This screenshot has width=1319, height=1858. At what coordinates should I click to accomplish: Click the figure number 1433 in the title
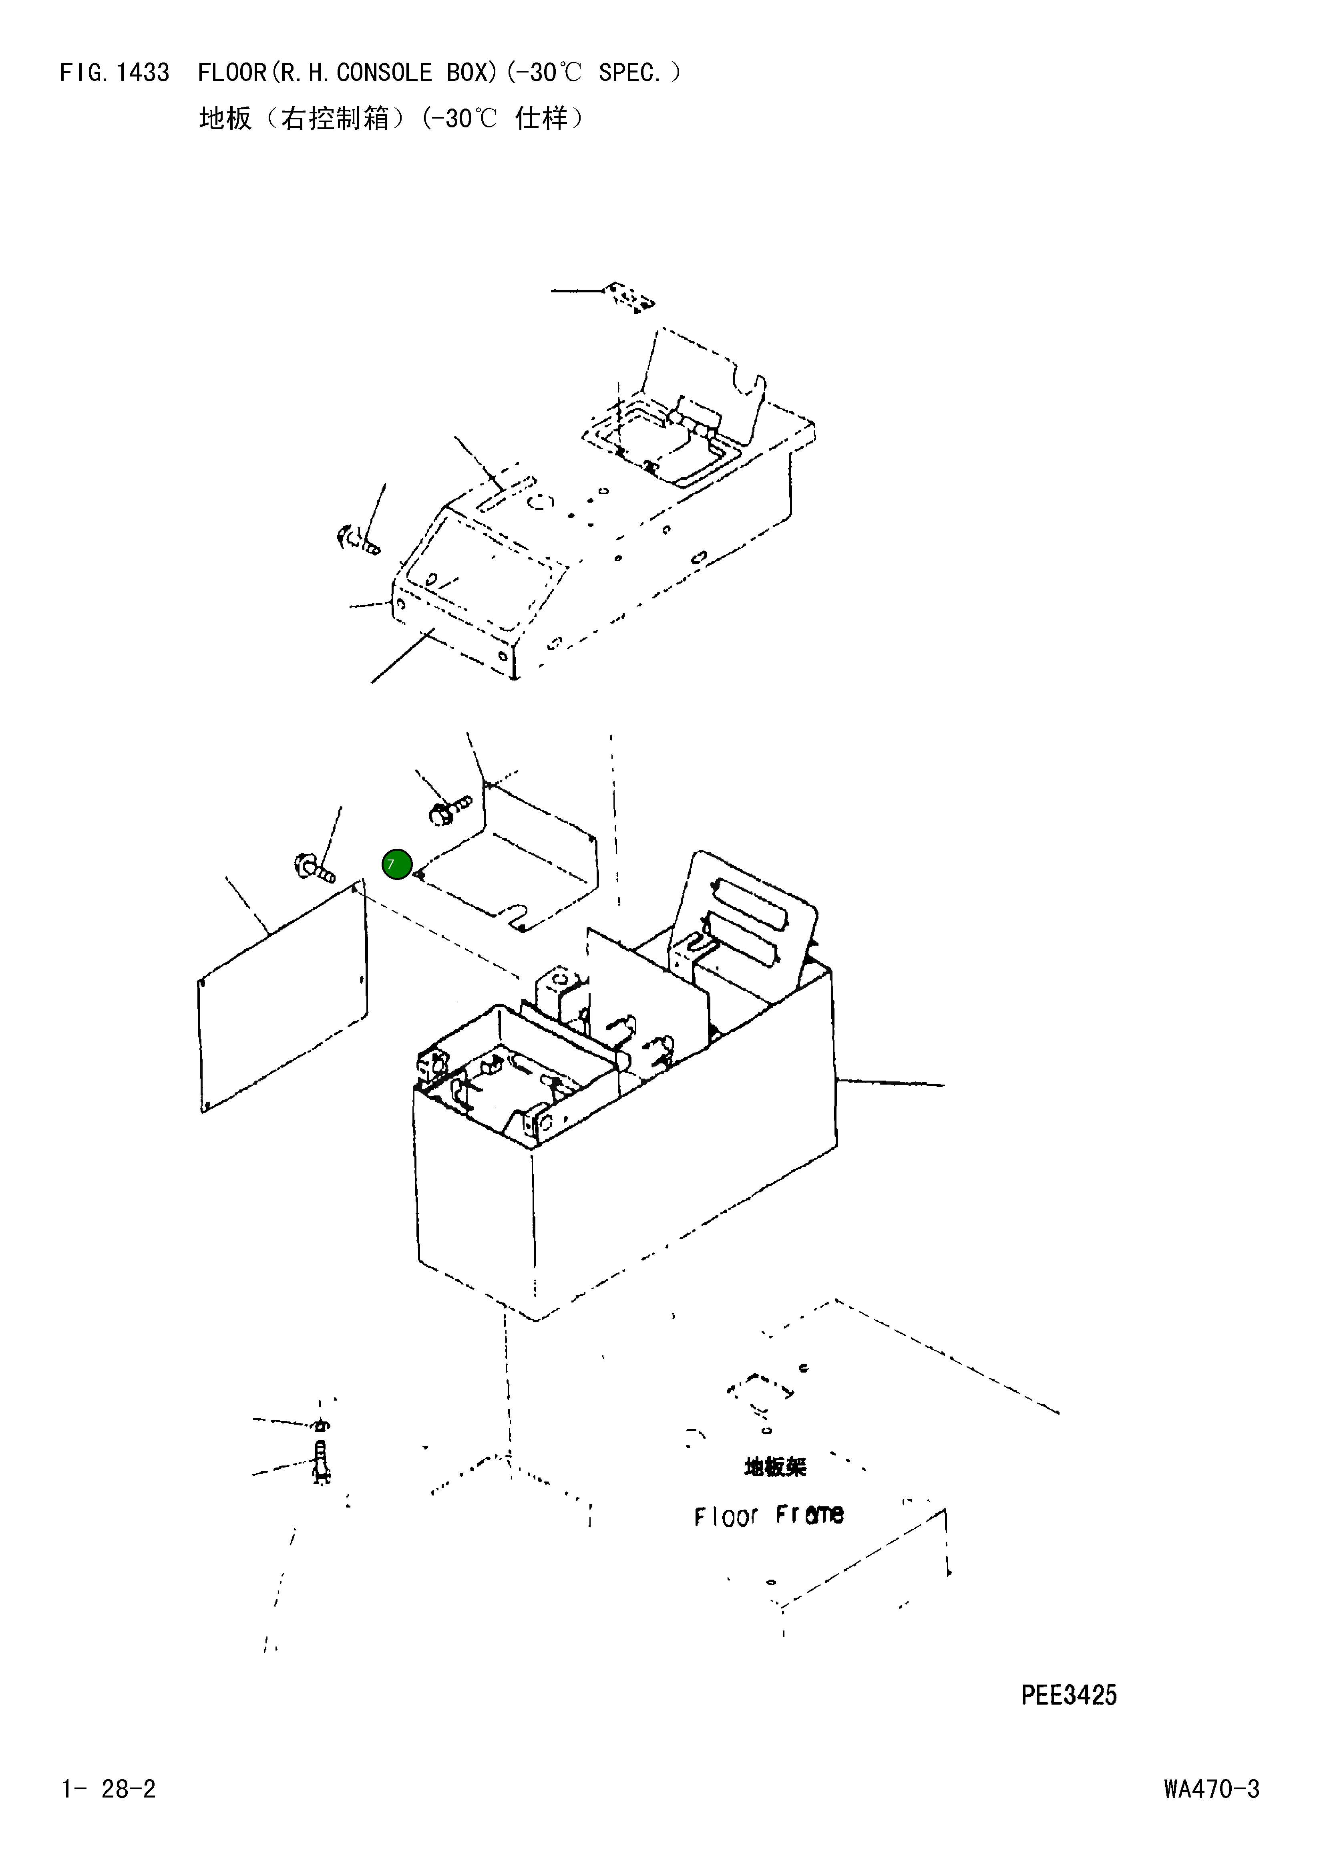pos(143,73)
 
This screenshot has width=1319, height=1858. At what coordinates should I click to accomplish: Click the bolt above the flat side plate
pos(314,868)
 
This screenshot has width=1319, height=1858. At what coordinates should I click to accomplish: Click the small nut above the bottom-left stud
pos(322,1425)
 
